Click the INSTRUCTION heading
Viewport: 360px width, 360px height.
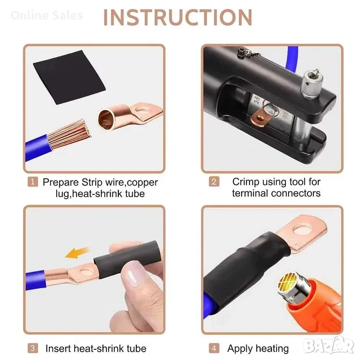click(x=178, y=17)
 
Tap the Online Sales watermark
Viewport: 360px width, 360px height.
click(x=47, y=15)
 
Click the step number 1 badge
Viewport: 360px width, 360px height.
click(x=32, y=182)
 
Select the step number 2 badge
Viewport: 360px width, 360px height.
click(x=214, y=182)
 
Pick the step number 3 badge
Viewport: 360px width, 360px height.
click(x=32, y=348)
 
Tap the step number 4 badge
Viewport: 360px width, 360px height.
click(x=214, y=348)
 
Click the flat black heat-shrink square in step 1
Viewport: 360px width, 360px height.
click(x=69, y=77)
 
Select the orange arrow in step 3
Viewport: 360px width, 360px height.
click(x=77, y=253)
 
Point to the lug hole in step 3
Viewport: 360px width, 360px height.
click(x=87, y=272)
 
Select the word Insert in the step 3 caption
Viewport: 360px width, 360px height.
click(x=59, y=349)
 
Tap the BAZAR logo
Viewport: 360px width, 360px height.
click(x=329, y=346)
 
